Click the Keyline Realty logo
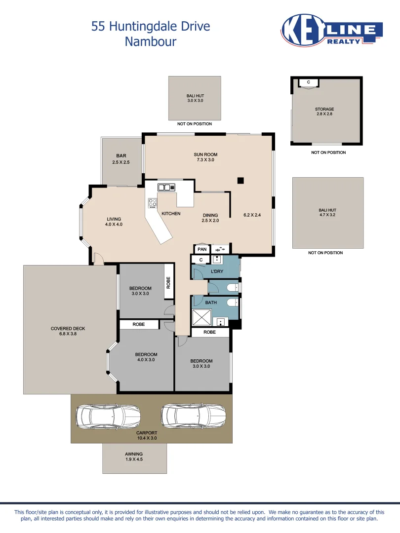coord(331,31)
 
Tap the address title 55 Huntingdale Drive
coord(151,26)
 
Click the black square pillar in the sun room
coord(240,181)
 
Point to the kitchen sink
coord(166,187)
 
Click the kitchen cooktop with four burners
coord(153,202)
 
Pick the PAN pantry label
coord(201,249)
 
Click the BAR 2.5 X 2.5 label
coord(121,159)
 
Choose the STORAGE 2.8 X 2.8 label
coord(324,112)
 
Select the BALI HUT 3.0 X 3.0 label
coord(195,98)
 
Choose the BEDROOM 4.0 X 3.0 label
coord(146,357)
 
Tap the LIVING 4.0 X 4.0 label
coord(114,222)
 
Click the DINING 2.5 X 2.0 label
coord(210,218)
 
